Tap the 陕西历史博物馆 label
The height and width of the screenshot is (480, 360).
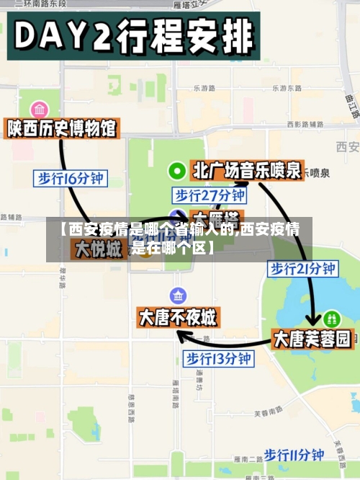point(62,129)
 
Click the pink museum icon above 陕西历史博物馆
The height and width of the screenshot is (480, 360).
point(40,110)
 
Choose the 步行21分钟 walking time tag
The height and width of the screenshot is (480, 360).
point(302,269)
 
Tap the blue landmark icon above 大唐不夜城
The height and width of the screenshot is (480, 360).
point(178,295)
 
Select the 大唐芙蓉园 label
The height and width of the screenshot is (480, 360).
point(313,339)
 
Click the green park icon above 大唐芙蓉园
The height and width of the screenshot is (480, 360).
point(331,317)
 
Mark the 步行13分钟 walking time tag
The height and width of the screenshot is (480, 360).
point(218,357)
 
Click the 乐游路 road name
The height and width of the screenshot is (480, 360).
point(205,88)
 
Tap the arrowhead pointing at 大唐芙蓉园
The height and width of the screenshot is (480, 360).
point(313,321)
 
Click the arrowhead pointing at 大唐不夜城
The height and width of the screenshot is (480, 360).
point(183,336)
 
